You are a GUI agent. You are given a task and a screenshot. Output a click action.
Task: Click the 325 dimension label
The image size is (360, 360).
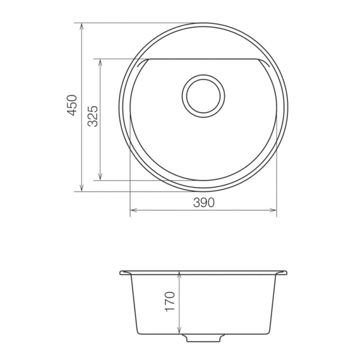click(92, 117)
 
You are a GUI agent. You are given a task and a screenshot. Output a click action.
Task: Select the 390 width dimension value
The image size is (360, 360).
click(203, 202)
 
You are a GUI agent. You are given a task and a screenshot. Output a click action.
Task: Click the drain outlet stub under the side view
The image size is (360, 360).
click(203, 340)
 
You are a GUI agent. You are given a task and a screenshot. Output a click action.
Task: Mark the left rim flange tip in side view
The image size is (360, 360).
click(121, 273)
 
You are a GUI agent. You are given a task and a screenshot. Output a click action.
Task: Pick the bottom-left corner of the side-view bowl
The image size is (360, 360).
click(136, 333)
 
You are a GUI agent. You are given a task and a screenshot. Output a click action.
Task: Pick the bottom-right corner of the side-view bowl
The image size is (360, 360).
click(271, 333)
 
